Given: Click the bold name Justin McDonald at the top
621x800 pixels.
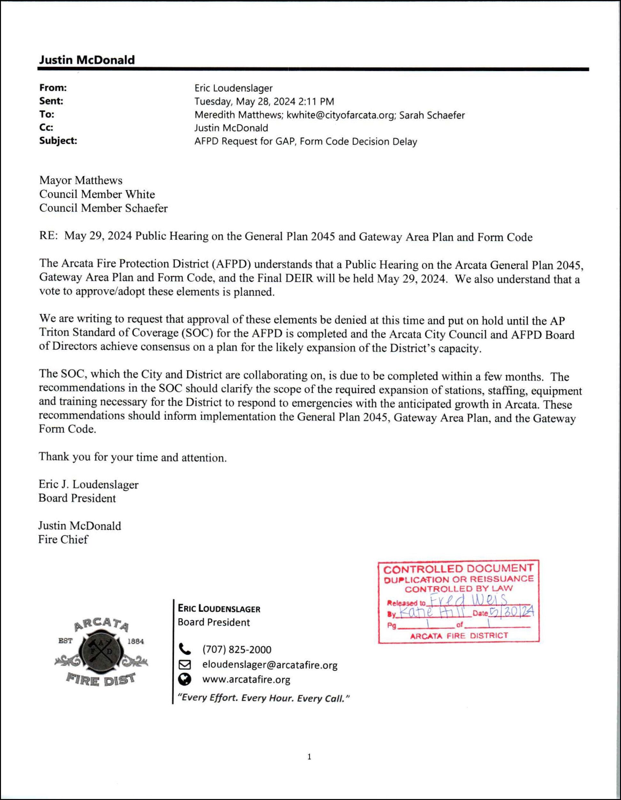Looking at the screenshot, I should click(x=87, y=60).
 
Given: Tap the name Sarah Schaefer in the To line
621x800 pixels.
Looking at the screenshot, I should click(x=432, y=115).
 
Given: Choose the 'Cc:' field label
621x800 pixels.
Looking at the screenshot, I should click(x=46, y=127).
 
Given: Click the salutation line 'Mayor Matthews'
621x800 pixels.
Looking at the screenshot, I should click(x=81, y=180).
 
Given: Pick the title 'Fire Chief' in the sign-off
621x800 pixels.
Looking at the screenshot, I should click(x=63, y=540).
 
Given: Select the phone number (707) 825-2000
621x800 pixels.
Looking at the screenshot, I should click(x=237, y=650).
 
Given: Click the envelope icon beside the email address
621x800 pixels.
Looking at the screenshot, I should click(x=185, y=664).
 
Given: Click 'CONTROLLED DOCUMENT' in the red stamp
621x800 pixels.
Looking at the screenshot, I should click(x=458, y=569).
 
